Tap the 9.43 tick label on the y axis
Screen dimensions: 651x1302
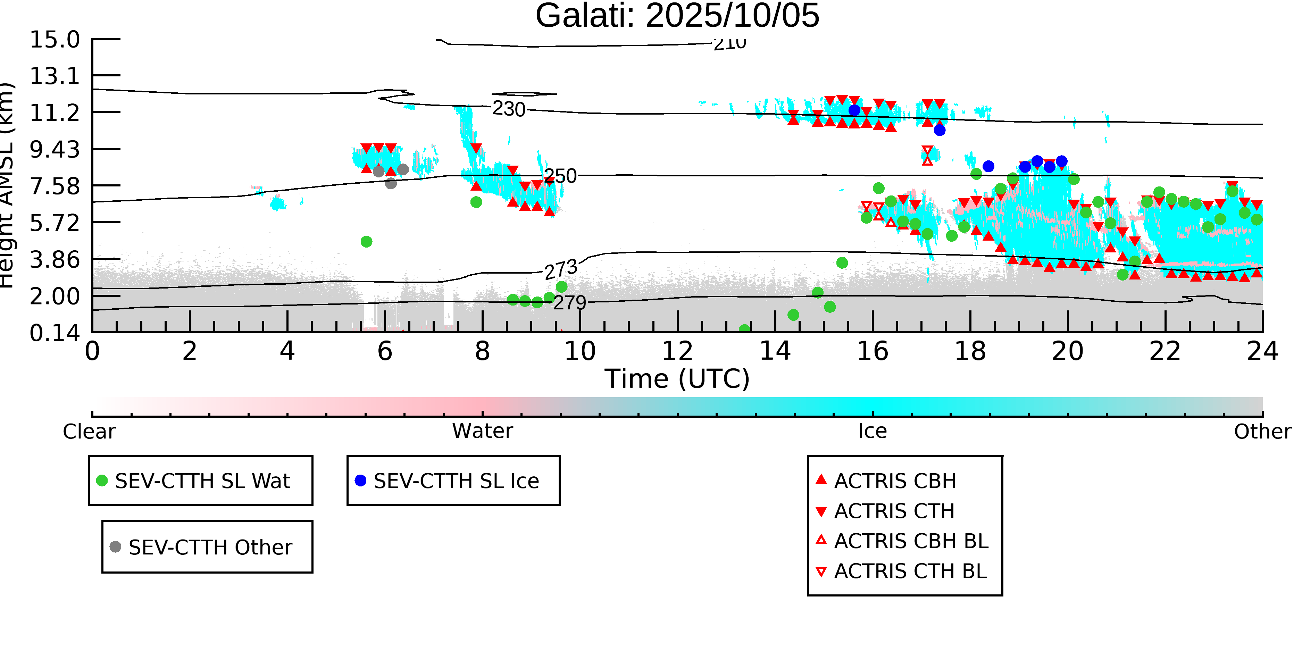click(x=55, y=150)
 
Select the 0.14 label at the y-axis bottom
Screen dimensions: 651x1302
click(x=55, y=333)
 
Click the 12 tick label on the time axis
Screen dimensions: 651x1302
click(x=677, y=351)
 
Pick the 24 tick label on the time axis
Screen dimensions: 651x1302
click(x=1262, y=351)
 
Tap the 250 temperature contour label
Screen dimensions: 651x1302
click(x=560, y=176)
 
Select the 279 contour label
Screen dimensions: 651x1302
click(x=570, y=303)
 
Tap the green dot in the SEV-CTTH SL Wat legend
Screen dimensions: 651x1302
click(x=102, y=481)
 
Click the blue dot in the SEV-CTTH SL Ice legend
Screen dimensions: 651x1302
click(x=360, y=481)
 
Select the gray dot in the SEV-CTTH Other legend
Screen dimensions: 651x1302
click(x=115, y=547)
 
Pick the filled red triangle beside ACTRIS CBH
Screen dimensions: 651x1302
click(x=821, y=479)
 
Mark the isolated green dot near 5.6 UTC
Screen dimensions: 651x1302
click(x=366, y=242)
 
